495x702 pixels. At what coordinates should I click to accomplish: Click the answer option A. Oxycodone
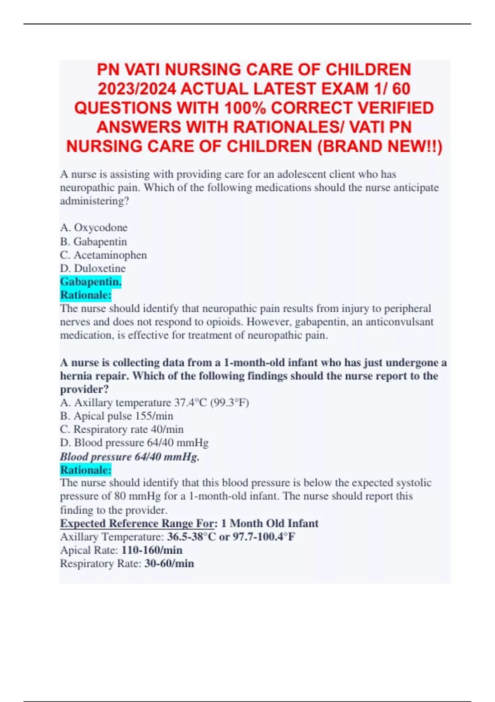[94, 228]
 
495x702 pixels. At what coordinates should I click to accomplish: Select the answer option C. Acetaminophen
[103, 255]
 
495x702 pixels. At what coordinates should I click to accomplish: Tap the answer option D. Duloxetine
[93, 268]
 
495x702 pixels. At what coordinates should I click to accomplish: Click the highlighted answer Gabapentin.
[91, 282]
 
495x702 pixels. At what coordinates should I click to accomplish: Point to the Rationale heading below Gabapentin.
[86, 295]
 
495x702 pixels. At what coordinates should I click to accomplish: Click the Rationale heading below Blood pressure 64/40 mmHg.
[86, 470]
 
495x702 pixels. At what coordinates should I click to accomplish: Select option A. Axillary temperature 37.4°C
[154, 403]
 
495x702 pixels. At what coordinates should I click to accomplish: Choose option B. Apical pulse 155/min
[116, 416]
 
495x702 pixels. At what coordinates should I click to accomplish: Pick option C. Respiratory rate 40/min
[122, 429]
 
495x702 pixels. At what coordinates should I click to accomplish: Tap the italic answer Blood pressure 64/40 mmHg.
[130, 457]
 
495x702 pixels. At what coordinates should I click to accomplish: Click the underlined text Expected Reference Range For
[137, 523]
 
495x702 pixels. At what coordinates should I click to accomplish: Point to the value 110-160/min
[152, 550]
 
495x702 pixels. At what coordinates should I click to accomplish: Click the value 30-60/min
[169, 564]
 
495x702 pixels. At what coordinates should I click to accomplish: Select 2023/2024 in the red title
[136, 89]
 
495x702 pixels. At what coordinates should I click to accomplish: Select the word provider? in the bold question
[84, 389]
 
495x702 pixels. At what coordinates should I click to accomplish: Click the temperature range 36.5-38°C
[191, 537]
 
